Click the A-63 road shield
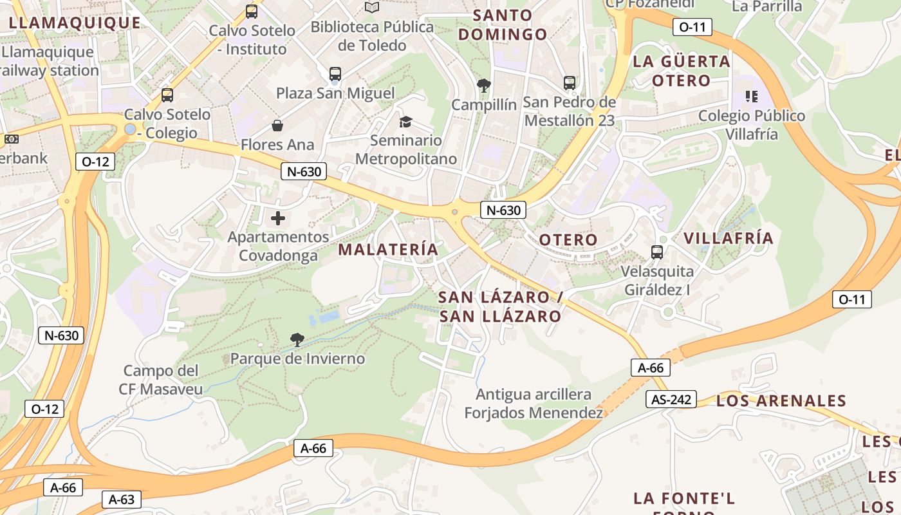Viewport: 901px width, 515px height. click(121, 500)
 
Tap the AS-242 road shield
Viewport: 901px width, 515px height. click(671, 400)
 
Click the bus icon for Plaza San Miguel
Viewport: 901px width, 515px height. click(335, 74)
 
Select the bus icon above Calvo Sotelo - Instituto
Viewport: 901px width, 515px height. click(252, 12)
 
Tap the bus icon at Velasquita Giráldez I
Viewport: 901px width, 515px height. click(656, 252)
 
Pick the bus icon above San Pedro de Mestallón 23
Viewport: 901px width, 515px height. click(569, 82)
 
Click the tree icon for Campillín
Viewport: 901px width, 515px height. click(483, 84)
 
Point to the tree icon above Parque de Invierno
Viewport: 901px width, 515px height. click(297, 339)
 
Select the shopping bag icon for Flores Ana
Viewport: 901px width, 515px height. click(277, 125)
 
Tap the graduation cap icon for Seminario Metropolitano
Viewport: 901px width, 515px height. click(405, 122)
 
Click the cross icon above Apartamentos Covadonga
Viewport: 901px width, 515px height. click(278, 218)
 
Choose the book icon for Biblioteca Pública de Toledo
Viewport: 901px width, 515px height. click(372, 8)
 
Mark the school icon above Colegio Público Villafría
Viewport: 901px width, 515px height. click(751, 97)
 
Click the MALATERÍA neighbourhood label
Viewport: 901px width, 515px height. click(388, 249)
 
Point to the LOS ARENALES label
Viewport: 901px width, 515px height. click(781, 401)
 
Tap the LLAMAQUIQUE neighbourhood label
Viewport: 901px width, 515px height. click(75, 23)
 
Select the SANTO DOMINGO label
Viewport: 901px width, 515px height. click(503, 24)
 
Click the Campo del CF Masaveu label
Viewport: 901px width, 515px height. click(161, 380)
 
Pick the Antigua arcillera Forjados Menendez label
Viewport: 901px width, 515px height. click(534, 404)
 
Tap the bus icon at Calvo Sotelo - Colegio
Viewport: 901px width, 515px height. click(167, 95)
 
